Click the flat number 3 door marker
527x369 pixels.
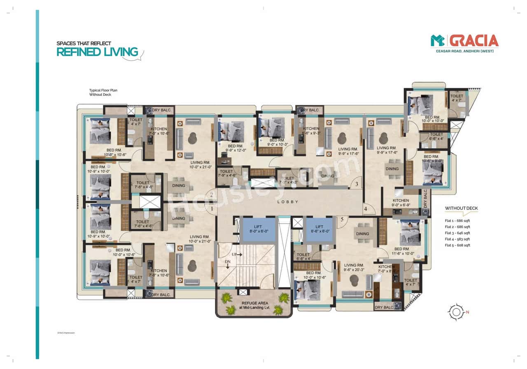point(357,184)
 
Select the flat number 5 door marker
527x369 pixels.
point(341,220)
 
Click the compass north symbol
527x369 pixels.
point(456,312)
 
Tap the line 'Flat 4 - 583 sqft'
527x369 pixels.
point(457,239)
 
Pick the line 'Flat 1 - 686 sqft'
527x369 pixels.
point(457,221)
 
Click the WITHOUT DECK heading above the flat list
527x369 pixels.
point(461,208)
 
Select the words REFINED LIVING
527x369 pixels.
point(97,52)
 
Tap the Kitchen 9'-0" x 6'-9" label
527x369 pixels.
point(401,203)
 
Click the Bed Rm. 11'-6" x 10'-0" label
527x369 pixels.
point(401,251)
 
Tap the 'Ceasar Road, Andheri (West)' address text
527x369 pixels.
point(464,51)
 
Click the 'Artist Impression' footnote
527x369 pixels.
point(66,332)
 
